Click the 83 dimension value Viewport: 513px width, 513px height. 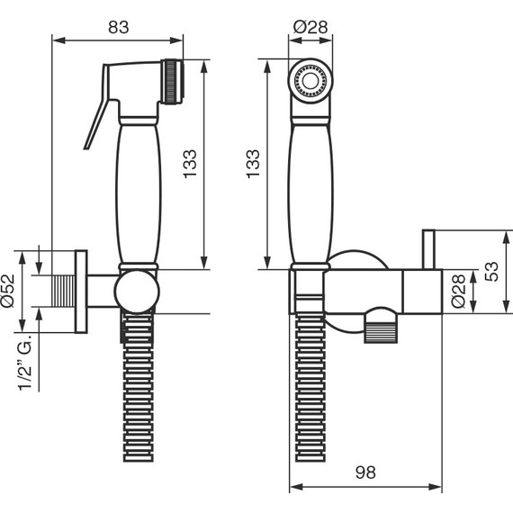point(119,27)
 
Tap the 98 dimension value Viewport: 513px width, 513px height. point(365,472)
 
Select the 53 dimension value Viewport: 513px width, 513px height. point(491,272)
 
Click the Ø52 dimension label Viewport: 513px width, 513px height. point(8,291)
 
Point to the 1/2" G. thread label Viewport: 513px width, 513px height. point(25,362)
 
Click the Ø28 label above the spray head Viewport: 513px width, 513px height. point(310,27)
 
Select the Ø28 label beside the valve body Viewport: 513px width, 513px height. point(458,292)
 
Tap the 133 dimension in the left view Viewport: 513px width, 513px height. point(190,164)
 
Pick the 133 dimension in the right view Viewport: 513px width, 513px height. point(253,164)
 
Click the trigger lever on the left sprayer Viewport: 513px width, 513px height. point(97,108)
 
